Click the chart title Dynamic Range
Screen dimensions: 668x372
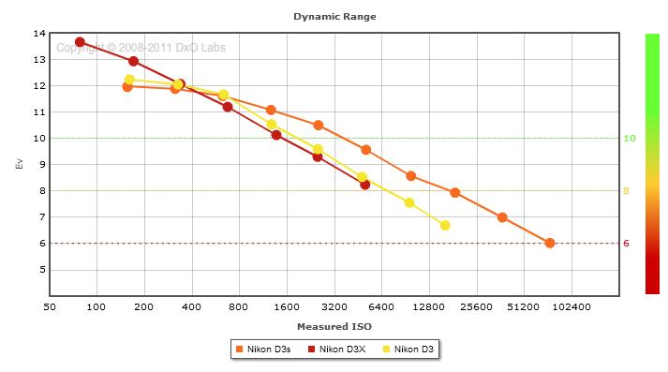point(334,17)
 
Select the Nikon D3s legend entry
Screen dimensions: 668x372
point(263,350)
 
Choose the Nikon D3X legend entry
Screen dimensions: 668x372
point(336,350)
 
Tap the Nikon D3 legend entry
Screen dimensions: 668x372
point(408,350)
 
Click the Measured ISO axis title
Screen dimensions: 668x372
point(334,327)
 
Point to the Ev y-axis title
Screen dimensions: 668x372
point(19,164)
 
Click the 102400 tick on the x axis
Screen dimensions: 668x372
point(572,306)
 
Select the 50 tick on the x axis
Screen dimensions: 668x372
point(50,306)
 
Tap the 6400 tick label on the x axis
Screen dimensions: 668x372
point(381,306)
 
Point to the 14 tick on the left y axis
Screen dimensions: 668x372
point(39,33)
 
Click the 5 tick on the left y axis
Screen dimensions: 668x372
point(42,270)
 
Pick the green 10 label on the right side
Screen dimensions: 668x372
point(630,138)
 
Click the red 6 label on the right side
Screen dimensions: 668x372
point(626,244)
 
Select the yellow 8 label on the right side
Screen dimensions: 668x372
point(626,191)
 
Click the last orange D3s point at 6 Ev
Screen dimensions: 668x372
point(550,243)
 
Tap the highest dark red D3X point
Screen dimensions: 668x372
point(80,42)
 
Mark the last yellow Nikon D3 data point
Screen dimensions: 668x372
point(445,226)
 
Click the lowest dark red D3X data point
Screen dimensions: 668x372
point(364,185)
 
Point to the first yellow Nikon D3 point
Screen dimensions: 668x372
point(129,80)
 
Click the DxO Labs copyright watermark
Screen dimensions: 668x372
point(141,48)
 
